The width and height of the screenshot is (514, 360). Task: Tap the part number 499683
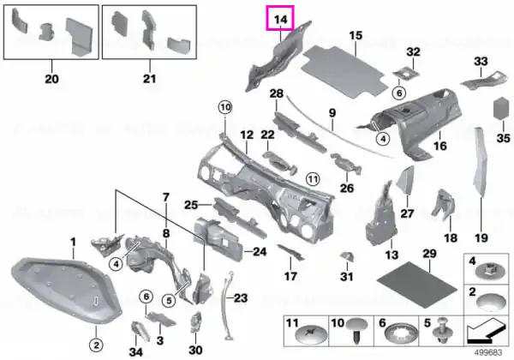coord(488,352)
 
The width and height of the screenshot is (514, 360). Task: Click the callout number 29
coord(429,253)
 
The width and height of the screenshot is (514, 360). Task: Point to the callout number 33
coord(481,61)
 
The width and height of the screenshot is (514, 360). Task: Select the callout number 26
coord(346,189)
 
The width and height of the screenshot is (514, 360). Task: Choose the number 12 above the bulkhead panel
coord(247,135)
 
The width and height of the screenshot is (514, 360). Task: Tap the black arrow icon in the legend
coord(484,332)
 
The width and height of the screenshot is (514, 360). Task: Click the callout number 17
coord(290,276)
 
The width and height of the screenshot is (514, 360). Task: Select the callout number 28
coord(276,93)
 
